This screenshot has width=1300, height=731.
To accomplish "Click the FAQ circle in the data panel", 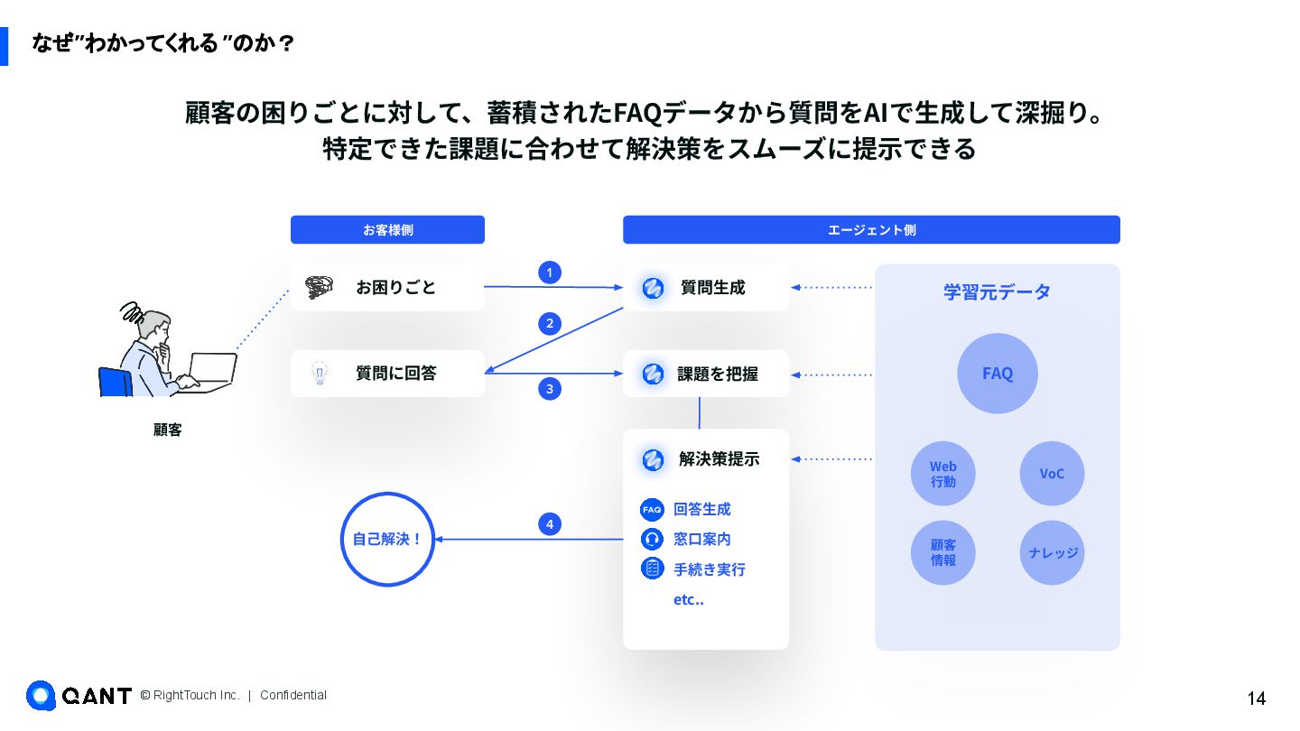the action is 998,374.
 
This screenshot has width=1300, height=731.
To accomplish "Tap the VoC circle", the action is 1052,474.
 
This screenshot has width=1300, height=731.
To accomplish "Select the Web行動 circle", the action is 943,474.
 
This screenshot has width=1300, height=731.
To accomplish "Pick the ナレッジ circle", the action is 1052,552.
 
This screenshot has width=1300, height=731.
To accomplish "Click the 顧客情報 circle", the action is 943,552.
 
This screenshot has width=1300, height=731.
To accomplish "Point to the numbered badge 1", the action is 550,273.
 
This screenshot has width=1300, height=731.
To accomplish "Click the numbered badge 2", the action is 550,323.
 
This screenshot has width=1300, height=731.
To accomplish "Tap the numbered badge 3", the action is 550,389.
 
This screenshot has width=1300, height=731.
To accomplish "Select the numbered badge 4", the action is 550,523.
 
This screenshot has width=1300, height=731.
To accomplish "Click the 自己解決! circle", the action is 387,540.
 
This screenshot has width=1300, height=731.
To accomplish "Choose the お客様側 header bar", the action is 387,230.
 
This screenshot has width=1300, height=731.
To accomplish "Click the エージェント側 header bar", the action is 871,230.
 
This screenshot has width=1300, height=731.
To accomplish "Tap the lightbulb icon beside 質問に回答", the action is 319,374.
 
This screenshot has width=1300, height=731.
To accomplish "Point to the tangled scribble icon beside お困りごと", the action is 319,287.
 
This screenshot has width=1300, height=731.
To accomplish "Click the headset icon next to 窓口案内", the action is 652,539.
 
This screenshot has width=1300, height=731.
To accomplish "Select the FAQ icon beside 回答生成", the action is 652,509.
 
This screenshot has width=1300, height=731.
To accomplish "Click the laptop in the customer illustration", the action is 212,370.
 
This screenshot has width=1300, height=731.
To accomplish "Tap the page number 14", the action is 1256,699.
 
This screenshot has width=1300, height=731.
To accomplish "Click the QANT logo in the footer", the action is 79,695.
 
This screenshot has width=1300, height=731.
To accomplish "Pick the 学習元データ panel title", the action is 998,292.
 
